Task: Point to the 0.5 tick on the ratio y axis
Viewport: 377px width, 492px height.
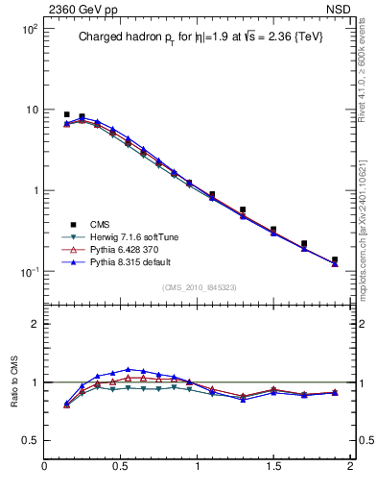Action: pyautogui.click(x=29, y=439)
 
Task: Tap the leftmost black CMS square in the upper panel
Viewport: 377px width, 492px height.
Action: pyautogui.click(x=66, y=114)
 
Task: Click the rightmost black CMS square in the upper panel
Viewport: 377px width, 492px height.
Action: pyautogui.click(x=335, y=259)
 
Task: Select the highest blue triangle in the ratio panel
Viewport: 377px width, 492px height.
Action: pyautogui.click(x=128, y=369)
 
